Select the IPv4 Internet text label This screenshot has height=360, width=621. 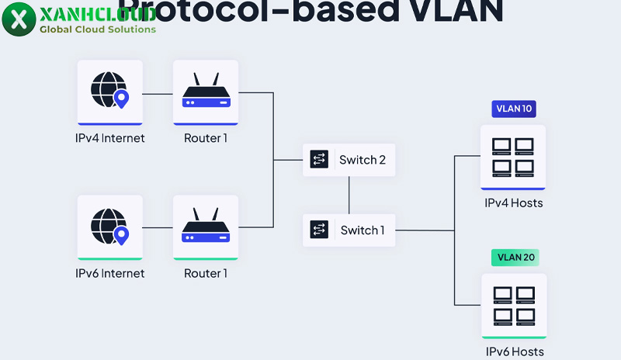click(x=109, y=139)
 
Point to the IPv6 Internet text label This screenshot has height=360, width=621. click(x=109, y=273)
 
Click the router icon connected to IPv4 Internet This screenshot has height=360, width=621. click(x=206, y=92)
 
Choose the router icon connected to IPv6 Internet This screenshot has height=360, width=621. click(x=206, y=227)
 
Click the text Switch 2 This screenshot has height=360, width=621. click(x=363, y=160)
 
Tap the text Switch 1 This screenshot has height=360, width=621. click(x=363, y=230)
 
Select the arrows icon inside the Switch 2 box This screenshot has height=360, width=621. click(x=319, y=160)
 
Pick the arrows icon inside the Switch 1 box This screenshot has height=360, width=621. click(x=319, y=230)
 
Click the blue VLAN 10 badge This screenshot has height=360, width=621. click(x=514, y=109)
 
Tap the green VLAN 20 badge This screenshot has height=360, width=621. click(x=514, y=257)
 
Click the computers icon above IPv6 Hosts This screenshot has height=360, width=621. click(x=513, y=305)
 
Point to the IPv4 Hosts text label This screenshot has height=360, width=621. click(x=513, y=203)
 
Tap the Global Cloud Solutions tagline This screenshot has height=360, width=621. click(x=97, y=29)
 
